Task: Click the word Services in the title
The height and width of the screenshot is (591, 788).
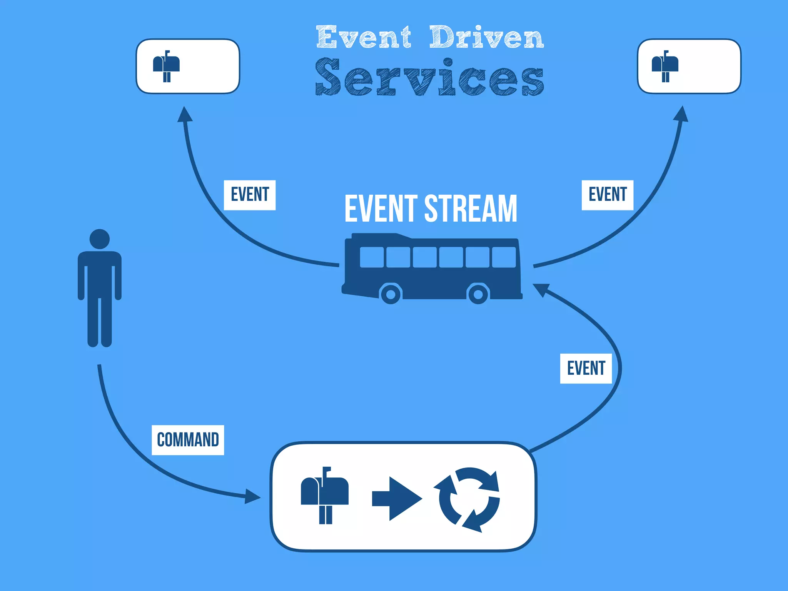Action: (429, 77)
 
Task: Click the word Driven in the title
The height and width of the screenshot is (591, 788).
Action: (486, 37)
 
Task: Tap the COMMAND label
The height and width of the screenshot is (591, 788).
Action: (188, 440)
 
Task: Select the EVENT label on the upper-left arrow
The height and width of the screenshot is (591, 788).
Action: (250, 195)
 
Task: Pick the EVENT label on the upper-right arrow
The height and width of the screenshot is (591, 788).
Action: (607, 195)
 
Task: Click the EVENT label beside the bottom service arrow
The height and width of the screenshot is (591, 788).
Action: (586, 368)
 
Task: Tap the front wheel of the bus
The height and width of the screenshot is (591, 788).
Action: (391, 294)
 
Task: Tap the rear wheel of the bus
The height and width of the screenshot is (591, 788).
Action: (478, 294)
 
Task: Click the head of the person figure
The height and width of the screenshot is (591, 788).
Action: (100, 239)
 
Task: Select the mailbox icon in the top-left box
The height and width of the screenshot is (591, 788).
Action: (166, 66)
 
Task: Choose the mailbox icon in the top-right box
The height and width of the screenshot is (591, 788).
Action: (665, 66)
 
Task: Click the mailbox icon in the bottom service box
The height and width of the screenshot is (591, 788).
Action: (324, 496)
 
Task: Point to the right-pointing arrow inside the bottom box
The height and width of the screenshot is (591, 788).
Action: (396, 499)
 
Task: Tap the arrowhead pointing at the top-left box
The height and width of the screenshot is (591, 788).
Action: (185, 114)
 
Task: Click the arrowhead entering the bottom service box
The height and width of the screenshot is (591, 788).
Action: (252, 496)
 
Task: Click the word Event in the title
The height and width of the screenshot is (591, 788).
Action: (364, 37)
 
